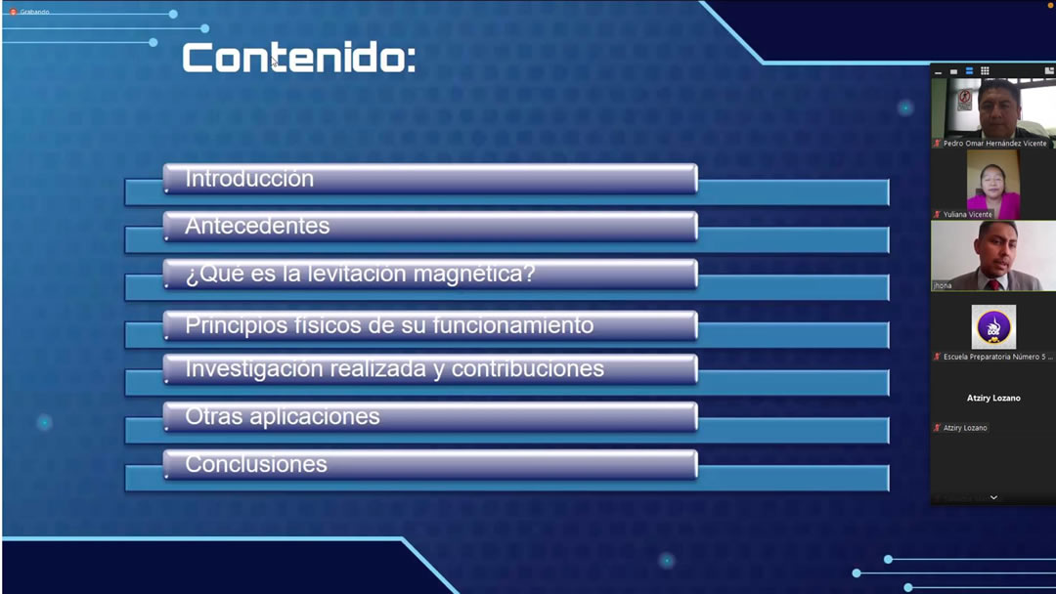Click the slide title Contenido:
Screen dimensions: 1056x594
(299, 58)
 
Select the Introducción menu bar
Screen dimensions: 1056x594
(430, 179)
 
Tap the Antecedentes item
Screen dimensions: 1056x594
(430, 226)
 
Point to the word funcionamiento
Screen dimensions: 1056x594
(512, 325)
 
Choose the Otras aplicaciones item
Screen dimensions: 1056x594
(430, 416)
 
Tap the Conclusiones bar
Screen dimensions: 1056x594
(430, 464)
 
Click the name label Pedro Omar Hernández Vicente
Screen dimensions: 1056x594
(994, 144)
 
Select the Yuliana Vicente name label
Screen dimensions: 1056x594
(967, 215)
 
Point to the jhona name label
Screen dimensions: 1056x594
(943, 286)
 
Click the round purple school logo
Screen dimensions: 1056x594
(993, 327)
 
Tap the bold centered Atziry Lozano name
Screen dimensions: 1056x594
(993, 399)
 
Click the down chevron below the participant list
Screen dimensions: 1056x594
(993, 498)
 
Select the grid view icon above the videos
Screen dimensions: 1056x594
(985, 70)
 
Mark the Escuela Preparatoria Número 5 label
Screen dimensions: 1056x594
(997, 358)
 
